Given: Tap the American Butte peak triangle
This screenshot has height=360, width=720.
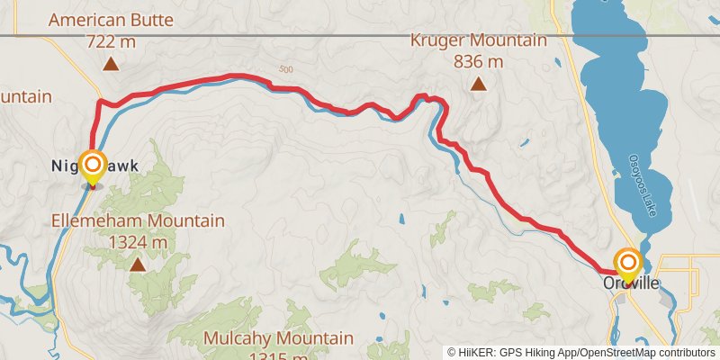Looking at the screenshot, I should coord(110,64).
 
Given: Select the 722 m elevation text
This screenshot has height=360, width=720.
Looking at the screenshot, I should coord(110,40).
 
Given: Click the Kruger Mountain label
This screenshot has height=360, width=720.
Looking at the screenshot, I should coord(479,40).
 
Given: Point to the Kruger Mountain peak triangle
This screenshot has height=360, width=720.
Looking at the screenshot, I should coord(479,85).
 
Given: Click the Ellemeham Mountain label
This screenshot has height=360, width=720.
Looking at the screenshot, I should coord(138,220).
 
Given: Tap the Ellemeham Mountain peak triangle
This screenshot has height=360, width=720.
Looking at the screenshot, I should coord(138,265).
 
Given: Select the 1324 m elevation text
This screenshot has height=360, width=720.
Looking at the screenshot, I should coord(138,242).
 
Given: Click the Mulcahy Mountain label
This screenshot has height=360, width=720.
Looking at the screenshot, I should coord(277,338).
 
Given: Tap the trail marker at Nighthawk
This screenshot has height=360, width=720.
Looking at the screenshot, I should coord(92,165).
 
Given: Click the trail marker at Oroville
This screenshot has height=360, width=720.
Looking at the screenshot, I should coord(627,262).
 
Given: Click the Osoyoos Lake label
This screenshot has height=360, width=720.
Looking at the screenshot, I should coord(640,184).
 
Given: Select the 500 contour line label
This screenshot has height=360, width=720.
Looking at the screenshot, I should coord(286,70).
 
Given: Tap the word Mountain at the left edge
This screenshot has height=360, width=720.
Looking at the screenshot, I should coord(25,96).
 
